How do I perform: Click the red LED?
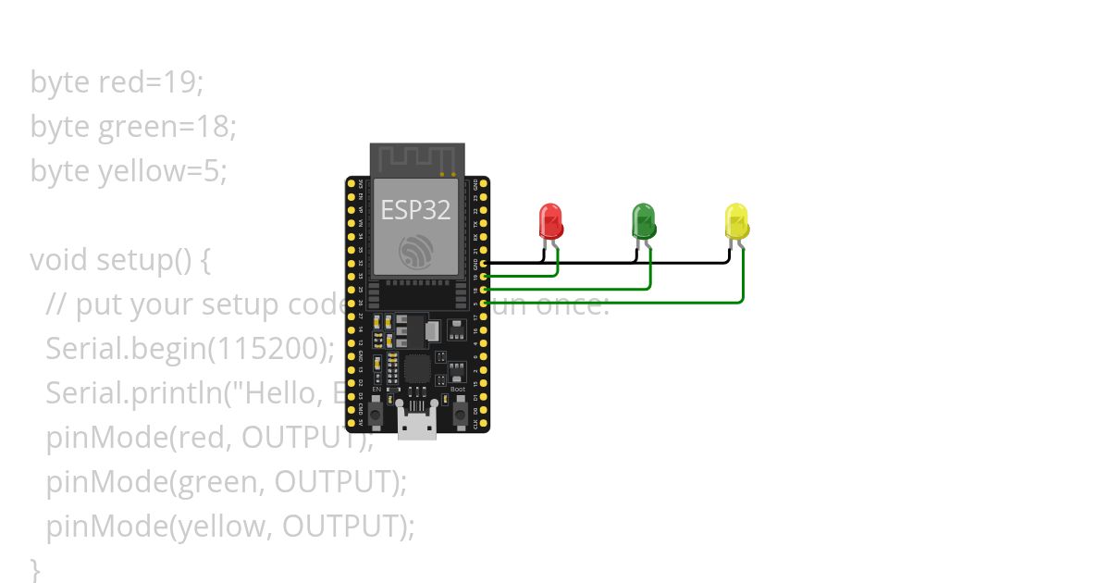point(550,221)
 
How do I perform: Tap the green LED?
point(643,220)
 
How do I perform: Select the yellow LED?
point(736,221)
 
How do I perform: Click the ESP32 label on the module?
point(415,209)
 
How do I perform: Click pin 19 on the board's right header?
point(483,276)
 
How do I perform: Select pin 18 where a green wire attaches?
point(483,289)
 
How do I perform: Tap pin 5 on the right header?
point(483,303)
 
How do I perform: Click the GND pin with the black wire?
point(483,263)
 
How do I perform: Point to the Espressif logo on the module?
point(415,252)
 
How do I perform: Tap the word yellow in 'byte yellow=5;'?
point(138,171)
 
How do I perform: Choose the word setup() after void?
point(144,260)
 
